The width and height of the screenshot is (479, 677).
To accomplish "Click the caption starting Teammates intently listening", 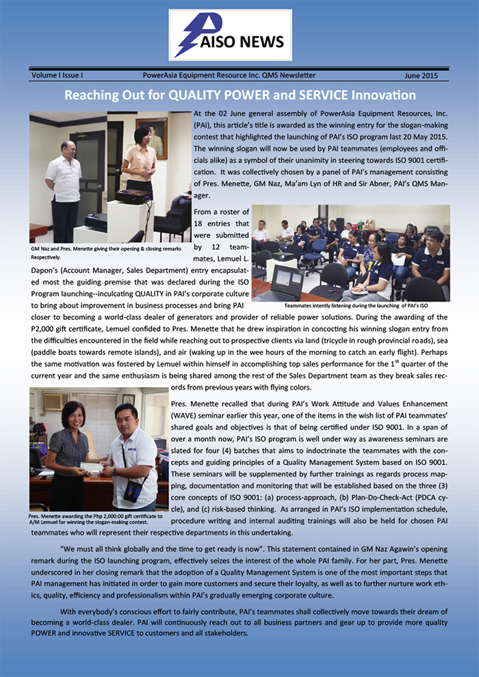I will coord(350,306).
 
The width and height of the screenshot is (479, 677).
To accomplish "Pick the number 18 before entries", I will coord(200,224).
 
